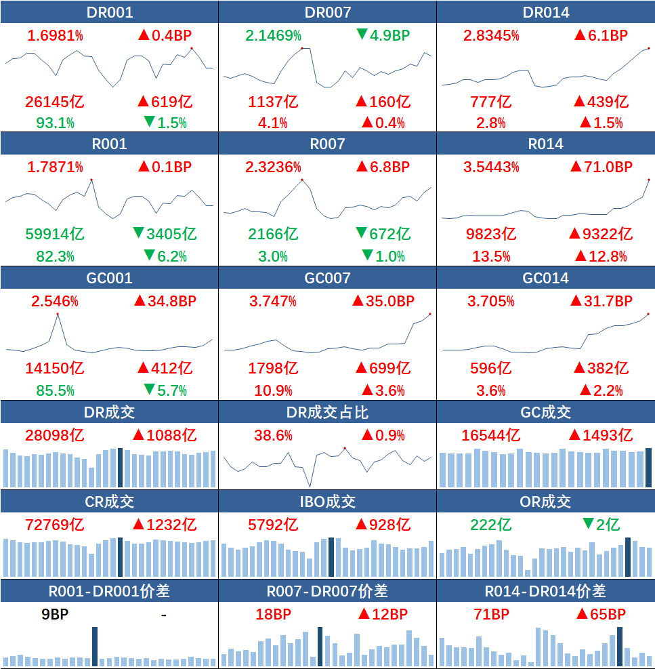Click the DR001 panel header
pyautogui.click(x=109, y=12)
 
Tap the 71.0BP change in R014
pyautogui.click(x=601, y=167)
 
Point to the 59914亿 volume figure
pyautogui.click(x=55, y=235)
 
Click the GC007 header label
pyautogui.click(x=327, y=278)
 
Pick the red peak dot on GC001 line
pyautogui.click(x=58, y=314)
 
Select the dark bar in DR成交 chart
pyautogui.click(x=120, y=468)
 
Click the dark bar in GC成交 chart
pyautogui.click(x=648, y=468)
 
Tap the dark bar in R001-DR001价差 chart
pyautogui.click(x=95, y=647)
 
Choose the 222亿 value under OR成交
pyautogui.click(x=491, y=525)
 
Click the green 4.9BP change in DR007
pyautogui.click(x=383, y=35)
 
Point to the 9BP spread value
pyautogui.click(x=55, y=614)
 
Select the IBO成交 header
pyautogui.click(x=327, y=502)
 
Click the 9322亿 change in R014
pyautogui.click(x=601, y=235)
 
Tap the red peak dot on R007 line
pyautogui.click(x=301, y=180)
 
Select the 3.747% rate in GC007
pyautogui.click(x=273, y=301)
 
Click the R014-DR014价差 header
pyautogui.click(x=545, y=591)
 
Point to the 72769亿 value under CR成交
pyautogui.click(x=55, y=525)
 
